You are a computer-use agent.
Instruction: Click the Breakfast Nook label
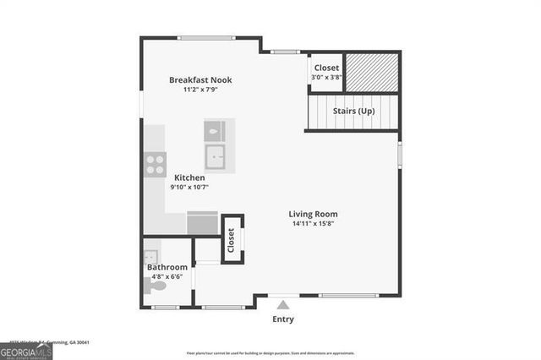click(x=200, y=80)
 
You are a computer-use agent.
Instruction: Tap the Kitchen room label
click(x=189, y=177)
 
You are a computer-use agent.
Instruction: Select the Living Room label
click(x=313, y=214)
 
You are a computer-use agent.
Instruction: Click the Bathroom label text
click(x=167, y=267)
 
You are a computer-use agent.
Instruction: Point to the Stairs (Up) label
click(x=353, y=111)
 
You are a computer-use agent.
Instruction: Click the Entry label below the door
click(x=283, y=319)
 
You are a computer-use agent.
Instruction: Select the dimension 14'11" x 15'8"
click(x=314, y=224)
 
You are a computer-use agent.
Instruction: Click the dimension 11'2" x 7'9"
click(x=200, y=90)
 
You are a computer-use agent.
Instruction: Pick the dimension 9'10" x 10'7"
click(x=189, y=187)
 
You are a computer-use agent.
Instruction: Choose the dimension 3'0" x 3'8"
click(x=326, y=77)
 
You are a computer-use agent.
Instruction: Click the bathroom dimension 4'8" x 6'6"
click(x=167, y=276)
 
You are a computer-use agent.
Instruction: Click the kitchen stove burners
click(x=155, y=164)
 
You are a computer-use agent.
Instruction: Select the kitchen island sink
click(x=216, y=156)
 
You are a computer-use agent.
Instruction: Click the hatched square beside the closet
click(x=372, y=72)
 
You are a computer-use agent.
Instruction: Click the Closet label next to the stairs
click(x=326, y=68)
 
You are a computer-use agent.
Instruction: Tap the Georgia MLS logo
click(x=26, y=352)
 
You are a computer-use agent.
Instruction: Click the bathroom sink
click(x=150, y=256)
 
